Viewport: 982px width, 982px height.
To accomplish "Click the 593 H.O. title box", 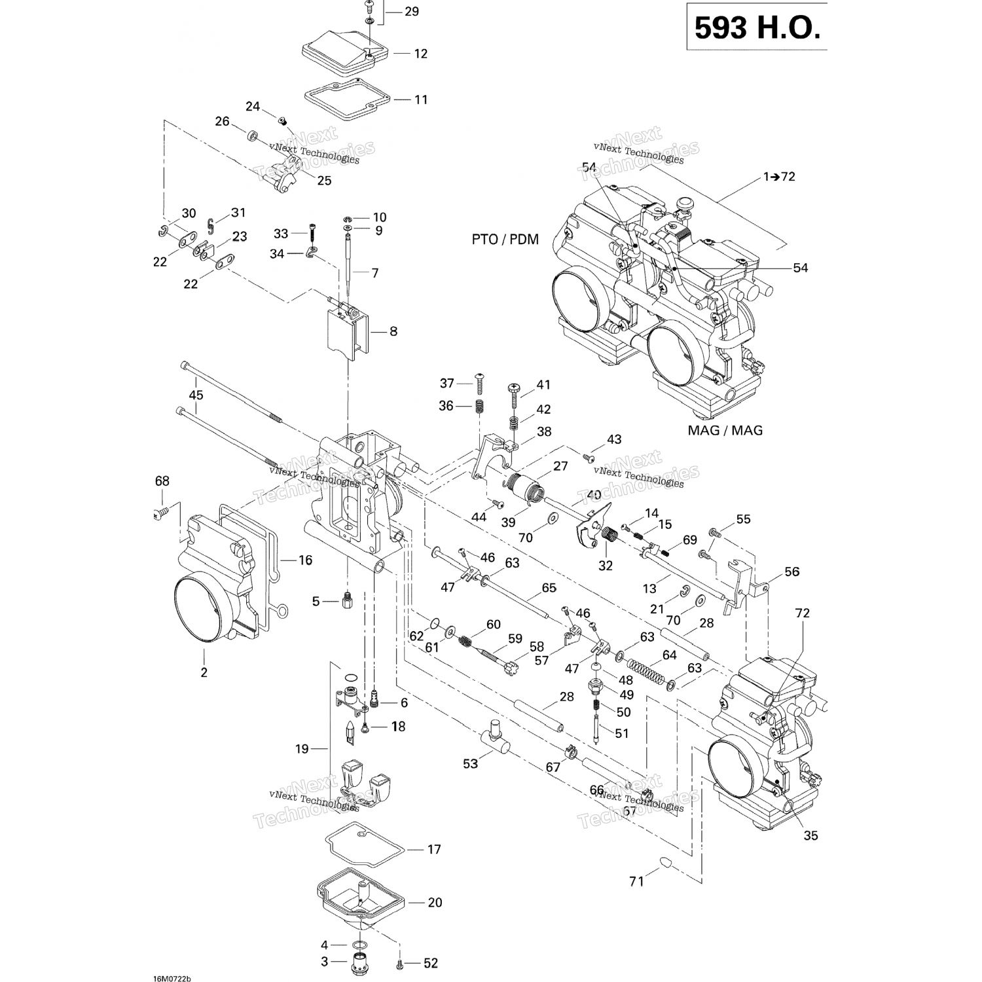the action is tap(757, 27).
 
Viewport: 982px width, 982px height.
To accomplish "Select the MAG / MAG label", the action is tap(725, 430).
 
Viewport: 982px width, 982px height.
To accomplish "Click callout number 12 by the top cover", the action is tap(420, 54).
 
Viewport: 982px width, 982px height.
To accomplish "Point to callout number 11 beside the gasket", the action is tap(421, 100).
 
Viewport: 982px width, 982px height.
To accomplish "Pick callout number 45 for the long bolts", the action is tap(196, 395).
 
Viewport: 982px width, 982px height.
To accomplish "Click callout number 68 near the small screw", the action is tap(162, 481).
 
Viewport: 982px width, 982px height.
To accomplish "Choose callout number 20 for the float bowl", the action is tap(435, 902).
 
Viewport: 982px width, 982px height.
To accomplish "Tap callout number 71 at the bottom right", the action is tap(636, 882).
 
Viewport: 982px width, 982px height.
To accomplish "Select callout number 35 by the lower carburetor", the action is tap(810, 836).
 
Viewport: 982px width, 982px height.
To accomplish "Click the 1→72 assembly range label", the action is tap(779, 176).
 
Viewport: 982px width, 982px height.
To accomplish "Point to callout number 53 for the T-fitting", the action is tap(470, 763).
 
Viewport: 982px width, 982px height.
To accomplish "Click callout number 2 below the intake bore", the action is tap(204, 672).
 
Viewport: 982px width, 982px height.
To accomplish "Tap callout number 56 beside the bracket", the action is tap(791, 572).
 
